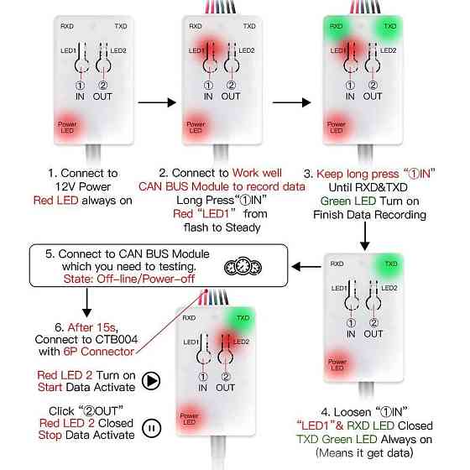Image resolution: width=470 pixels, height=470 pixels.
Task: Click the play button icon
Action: tap(151, 381)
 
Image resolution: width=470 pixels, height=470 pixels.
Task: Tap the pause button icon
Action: tap(151, 428)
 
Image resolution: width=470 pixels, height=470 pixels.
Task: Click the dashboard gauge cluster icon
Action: tap(243, 267)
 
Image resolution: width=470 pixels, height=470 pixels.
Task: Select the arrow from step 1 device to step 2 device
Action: tap(157, 102)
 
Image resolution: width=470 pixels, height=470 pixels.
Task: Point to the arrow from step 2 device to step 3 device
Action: tap(291, 102)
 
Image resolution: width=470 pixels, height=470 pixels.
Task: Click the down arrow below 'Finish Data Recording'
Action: tap(365, 236)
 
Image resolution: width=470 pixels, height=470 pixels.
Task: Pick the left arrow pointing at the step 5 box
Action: tap(306, 267)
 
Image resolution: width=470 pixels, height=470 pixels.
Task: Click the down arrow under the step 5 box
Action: tap(87, 303)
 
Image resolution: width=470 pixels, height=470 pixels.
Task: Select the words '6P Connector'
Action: tap(99, 352)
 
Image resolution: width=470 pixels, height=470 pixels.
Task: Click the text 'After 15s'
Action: tap(91, 327)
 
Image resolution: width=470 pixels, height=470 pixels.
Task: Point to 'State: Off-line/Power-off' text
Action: tap(129, 279)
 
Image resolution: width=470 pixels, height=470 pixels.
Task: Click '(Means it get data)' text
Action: tap(364, 452)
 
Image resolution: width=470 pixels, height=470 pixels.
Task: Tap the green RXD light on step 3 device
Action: tap(337, 26)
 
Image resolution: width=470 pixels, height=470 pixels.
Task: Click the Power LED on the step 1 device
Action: tap(67, 128)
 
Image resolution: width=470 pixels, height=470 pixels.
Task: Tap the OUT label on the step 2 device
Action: tap(231, 97)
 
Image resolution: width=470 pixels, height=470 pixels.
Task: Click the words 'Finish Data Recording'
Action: tap(369, 215)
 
